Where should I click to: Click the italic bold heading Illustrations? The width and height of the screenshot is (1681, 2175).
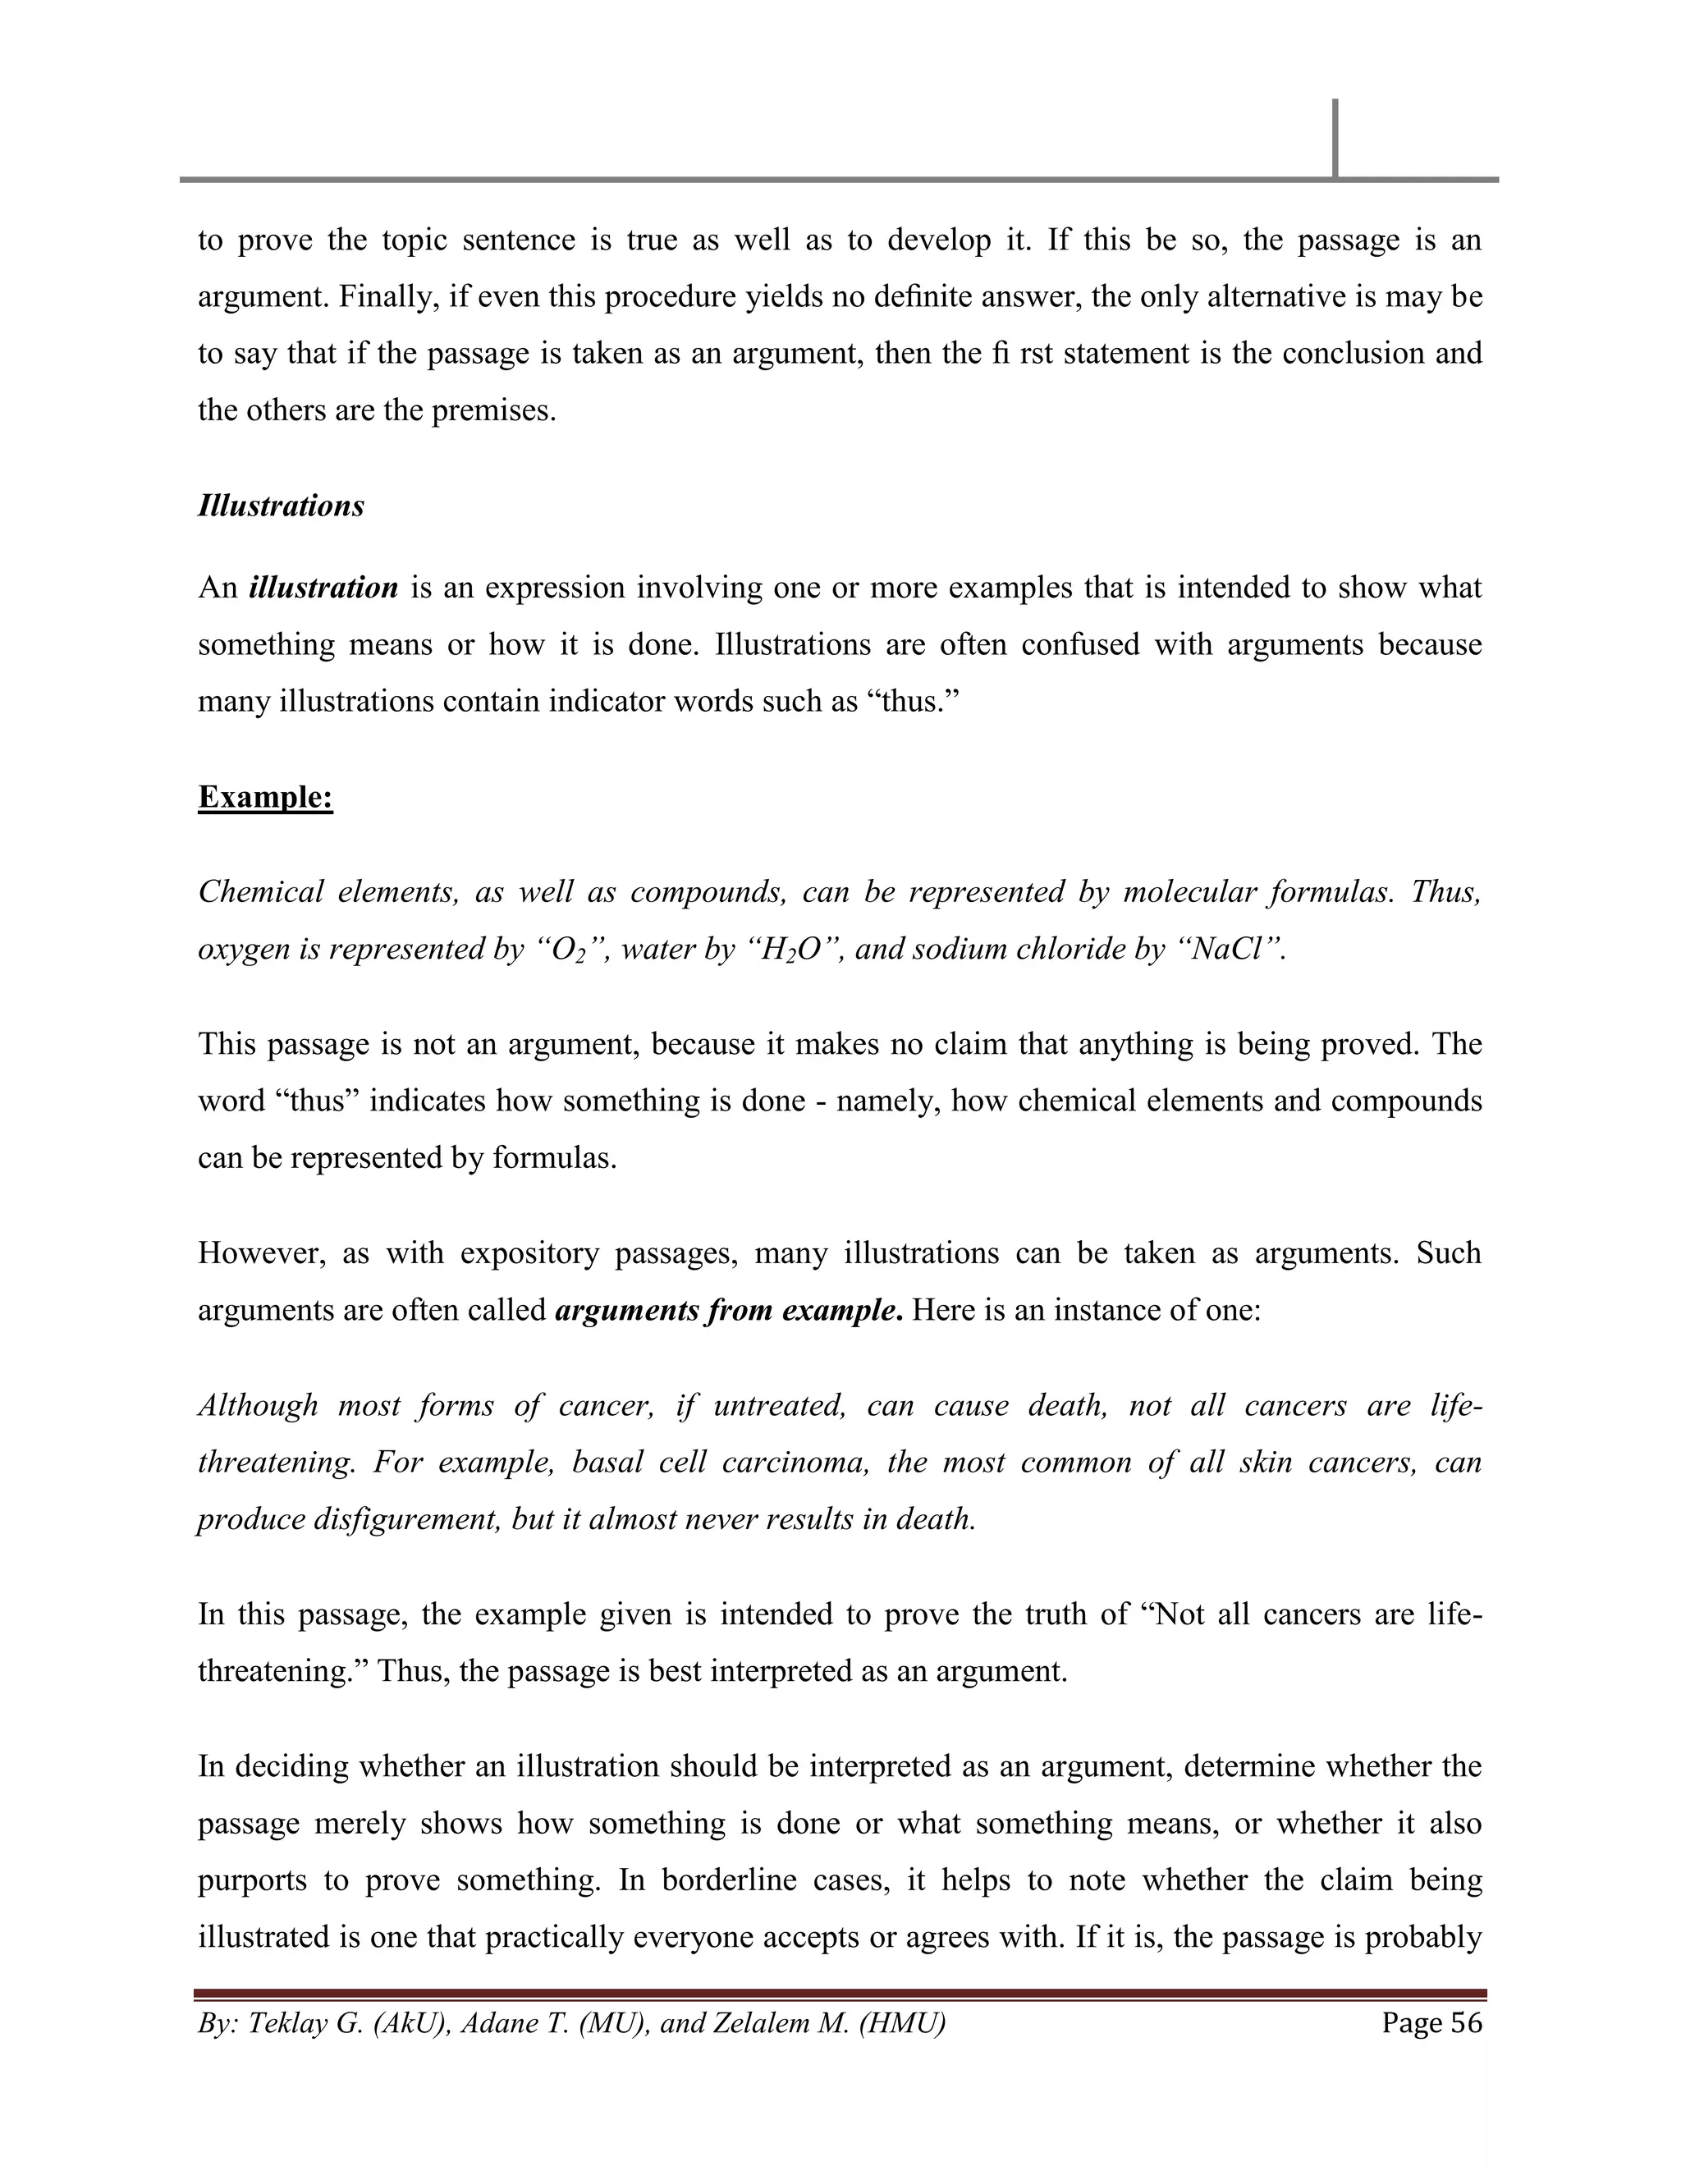281,506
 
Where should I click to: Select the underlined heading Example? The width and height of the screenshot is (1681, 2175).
265,798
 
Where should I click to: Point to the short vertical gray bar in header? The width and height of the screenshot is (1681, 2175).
1335,139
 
